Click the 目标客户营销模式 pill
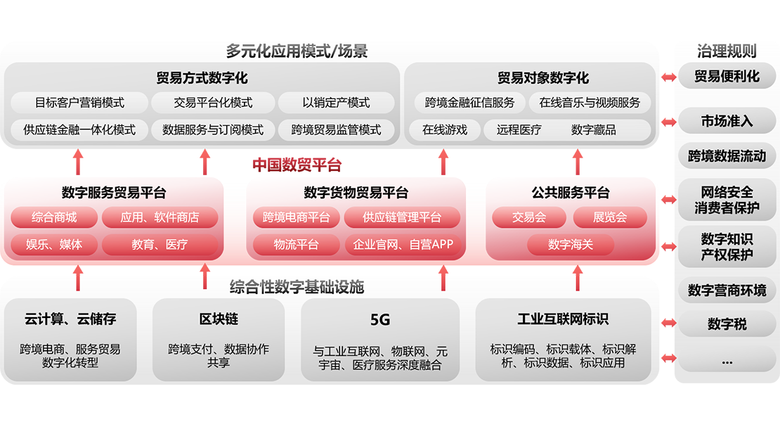coord(79,103)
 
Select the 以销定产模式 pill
coord(336,103)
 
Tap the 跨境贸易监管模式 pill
coord(336,129)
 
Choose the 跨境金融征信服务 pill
coord(469,103)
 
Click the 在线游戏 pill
coord(445,129)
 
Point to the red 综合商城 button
coord(54,217)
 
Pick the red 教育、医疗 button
coord(160,245)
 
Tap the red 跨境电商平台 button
coord(296,217)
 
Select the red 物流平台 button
coord(296,245)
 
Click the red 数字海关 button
coord(571,245)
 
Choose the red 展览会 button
coord(609,217)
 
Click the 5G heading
coord(380,320)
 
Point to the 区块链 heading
coord(219,319)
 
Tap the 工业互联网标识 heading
coord(563,319)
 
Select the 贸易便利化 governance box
coord(727,76)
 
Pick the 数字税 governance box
coord(727,324)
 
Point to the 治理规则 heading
coord(727,51)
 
